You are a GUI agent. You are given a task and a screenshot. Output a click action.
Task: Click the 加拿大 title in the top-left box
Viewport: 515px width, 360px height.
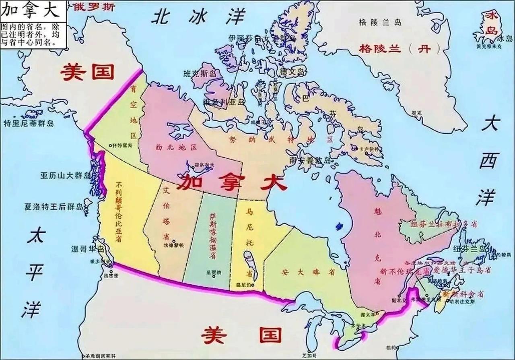[30, 9]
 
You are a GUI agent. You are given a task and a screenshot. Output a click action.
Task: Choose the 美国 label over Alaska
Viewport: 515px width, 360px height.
[87, 72]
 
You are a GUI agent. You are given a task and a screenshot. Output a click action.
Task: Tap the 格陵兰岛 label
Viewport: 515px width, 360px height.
[380, 23]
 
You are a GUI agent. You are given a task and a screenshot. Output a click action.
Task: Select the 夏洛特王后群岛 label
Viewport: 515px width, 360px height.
[54, 207]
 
